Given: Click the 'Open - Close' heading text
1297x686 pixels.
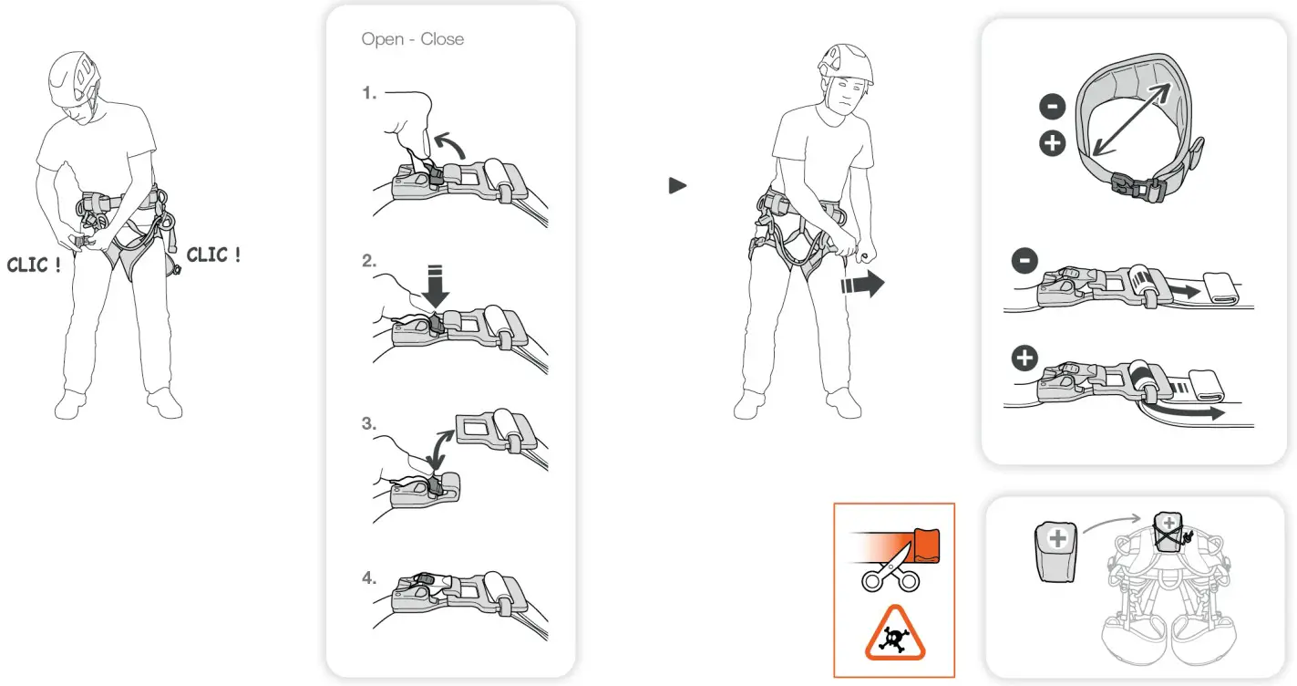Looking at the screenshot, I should tap(412, 39).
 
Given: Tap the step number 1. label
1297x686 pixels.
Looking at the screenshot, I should tap(369, 93).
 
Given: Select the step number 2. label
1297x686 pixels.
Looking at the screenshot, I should tap(369, 261).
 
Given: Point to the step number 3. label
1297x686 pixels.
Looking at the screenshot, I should tap(369, 423).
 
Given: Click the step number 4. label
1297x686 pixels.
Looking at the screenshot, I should tap(369, 577).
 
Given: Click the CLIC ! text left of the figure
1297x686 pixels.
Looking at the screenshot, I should tap(35, 265).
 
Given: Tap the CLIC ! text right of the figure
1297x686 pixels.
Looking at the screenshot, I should tap(214, 255).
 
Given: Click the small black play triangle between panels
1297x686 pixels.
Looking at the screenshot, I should tap(676, 186).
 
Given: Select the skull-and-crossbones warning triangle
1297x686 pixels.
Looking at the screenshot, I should tap(894, 635).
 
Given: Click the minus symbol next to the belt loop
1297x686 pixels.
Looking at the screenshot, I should tap(1052, 108).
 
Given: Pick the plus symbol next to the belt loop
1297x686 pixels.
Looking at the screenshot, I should tap(1052, 144).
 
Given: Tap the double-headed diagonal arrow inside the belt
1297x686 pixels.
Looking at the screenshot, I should tap(1132, 120).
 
